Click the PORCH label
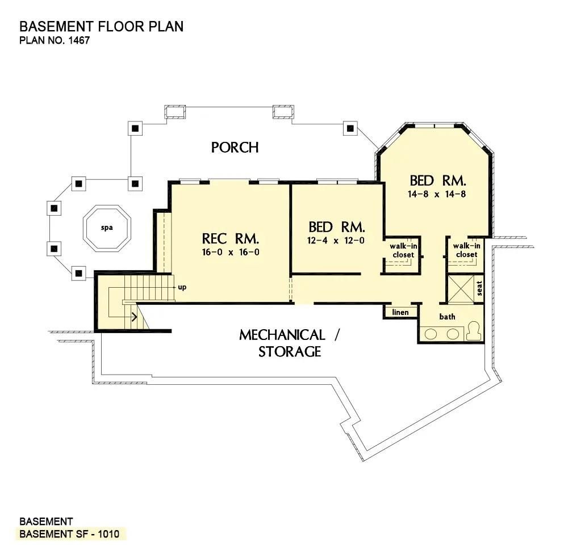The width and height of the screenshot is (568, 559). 235,148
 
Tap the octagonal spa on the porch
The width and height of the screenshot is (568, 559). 107,228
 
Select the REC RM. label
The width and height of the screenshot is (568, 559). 231,237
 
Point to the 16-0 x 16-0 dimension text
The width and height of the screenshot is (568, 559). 231,253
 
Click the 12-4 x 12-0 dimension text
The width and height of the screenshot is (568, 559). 337,240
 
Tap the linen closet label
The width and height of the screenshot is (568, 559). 400,313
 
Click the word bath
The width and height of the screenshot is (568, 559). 447,317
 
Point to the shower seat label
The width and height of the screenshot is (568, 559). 479,289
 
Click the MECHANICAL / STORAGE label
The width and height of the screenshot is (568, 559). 290,343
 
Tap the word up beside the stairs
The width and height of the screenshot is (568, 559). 182,287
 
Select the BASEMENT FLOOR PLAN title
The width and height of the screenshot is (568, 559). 102,27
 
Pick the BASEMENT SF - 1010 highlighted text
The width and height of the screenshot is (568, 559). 69,535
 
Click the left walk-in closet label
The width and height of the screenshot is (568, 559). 401,250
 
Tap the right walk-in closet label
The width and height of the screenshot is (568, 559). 466,250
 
